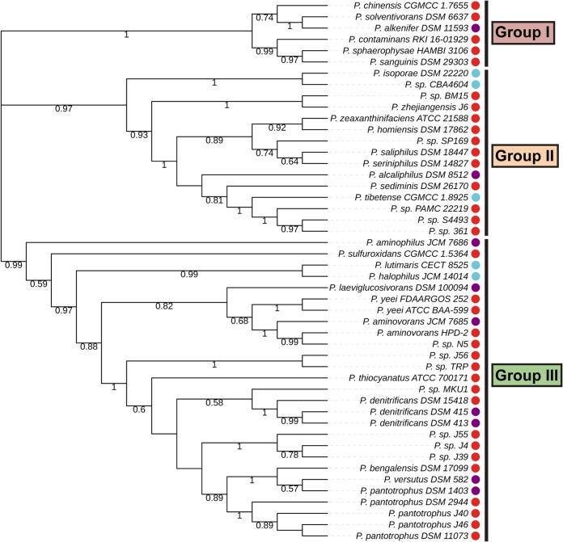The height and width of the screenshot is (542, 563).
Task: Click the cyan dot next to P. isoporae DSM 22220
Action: (x=476, y=74)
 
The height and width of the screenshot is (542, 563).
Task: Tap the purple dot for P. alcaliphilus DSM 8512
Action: (x=476, y=174)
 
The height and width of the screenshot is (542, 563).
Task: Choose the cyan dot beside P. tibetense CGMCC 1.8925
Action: (x=476, y=197)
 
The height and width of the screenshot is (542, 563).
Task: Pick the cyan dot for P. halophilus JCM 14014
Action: (x=476, y=276)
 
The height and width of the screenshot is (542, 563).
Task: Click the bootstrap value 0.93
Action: (x=138, y=135)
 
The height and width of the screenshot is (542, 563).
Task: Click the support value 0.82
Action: (x=165, y=306)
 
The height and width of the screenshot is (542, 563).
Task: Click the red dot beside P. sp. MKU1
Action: (x=476, y=389)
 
